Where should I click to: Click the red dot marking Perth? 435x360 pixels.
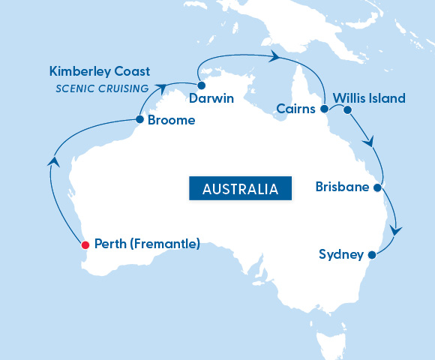click(x=85, y=244)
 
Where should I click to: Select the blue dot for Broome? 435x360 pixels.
click(x=139, y=119)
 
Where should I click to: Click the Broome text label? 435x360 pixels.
click(x=171, y=120)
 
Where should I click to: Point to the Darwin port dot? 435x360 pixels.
click(x=201, y=85)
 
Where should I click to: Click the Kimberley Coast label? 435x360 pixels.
click(x=100, y=72)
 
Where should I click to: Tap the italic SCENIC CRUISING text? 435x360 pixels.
click(x=102, y=88)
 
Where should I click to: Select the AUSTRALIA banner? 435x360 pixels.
click(x=240, y=188)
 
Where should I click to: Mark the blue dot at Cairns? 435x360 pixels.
click(x=324, y=109)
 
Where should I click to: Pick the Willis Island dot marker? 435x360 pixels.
click(x=347, y=109)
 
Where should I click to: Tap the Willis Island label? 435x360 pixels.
click(x=369, y=98)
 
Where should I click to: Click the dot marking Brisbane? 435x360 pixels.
click(x=377, y=187)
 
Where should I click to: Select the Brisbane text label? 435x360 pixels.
click(x=343, y=187)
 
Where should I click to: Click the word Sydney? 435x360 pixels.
click(x=341, y=254)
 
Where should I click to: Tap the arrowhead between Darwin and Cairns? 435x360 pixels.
click(x=275, y=57)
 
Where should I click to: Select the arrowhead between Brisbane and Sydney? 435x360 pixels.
click(x=396, y=230)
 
